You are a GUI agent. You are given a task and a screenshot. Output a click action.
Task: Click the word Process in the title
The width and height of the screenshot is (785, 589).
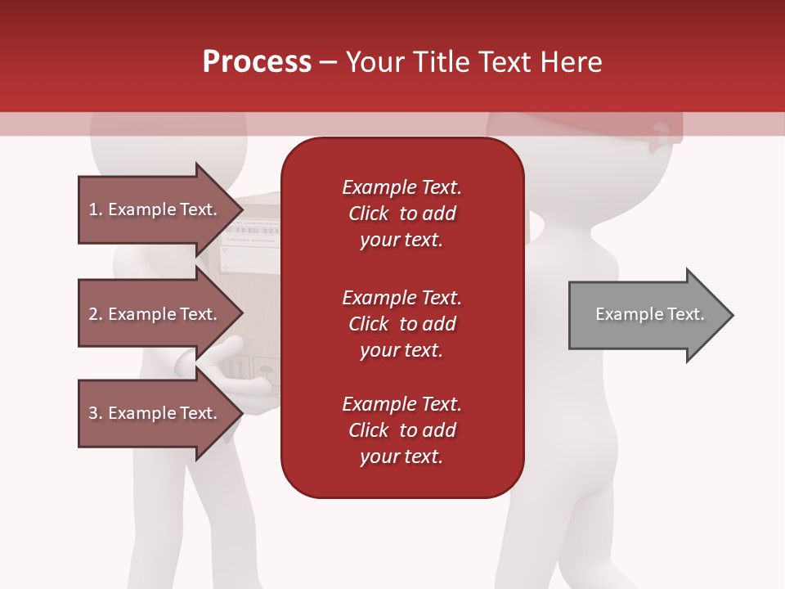click(257, 62)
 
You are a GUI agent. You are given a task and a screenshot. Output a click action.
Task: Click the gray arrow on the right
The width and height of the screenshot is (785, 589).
click(646, 315)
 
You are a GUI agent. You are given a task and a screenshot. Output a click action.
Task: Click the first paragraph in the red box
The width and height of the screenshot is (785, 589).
click(401, 214)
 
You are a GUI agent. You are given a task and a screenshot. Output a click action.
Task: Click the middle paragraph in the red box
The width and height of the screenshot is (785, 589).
click(401, 324)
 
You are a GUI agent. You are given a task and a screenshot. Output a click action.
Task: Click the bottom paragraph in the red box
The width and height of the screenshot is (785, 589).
click(401, 430)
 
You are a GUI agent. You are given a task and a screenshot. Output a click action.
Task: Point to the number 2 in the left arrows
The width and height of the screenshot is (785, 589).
click(93, 314)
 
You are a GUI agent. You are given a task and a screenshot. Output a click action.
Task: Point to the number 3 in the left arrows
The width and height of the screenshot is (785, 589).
click(93, 413)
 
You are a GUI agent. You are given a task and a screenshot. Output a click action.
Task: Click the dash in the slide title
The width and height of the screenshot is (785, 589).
click(328, 62)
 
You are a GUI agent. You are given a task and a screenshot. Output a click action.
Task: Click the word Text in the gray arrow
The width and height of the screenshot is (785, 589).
click(686, 314)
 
